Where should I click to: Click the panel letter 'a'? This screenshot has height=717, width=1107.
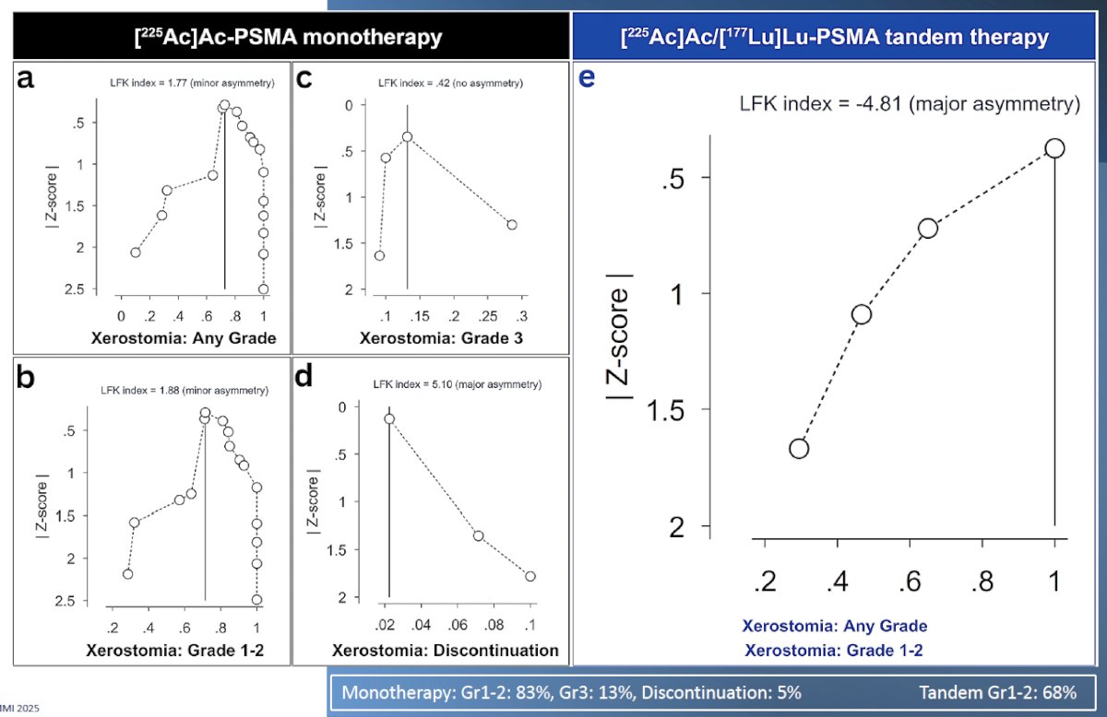[25, 78]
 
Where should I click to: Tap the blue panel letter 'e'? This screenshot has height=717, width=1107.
[587, 78]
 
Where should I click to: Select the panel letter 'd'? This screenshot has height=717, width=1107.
[304, 377]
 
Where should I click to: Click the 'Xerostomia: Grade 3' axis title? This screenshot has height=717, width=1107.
[441, 338]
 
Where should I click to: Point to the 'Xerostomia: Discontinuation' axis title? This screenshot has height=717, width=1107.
[446, 651]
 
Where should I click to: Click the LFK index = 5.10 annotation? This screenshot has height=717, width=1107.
[458, 384]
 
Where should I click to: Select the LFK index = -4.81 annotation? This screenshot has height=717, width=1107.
[910, 104]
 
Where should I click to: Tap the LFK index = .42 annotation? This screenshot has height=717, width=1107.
[450, 83]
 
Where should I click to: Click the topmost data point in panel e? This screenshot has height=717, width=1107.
[1054, 148]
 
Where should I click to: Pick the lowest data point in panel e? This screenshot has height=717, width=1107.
[799, 449]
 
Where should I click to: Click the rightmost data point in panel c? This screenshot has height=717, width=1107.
[512, 225]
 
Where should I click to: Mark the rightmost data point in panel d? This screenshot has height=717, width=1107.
[530, 576]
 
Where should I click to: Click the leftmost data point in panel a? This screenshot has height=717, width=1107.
[136, 253]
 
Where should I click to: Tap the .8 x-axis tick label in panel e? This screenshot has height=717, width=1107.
[982, 582]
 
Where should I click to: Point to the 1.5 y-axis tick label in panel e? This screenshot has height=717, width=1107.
[665, 410]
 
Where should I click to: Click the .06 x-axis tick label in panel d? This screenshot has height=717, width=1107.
[458, 625]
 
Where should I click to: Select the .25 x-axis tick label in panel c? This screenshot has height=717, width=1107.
[488, 316]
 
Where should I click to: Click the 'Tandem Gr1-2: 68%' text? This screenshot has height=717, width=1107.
[998, 692]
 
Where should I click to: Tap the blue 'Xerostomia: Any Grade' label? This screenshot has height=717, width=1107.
[835, 626]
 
